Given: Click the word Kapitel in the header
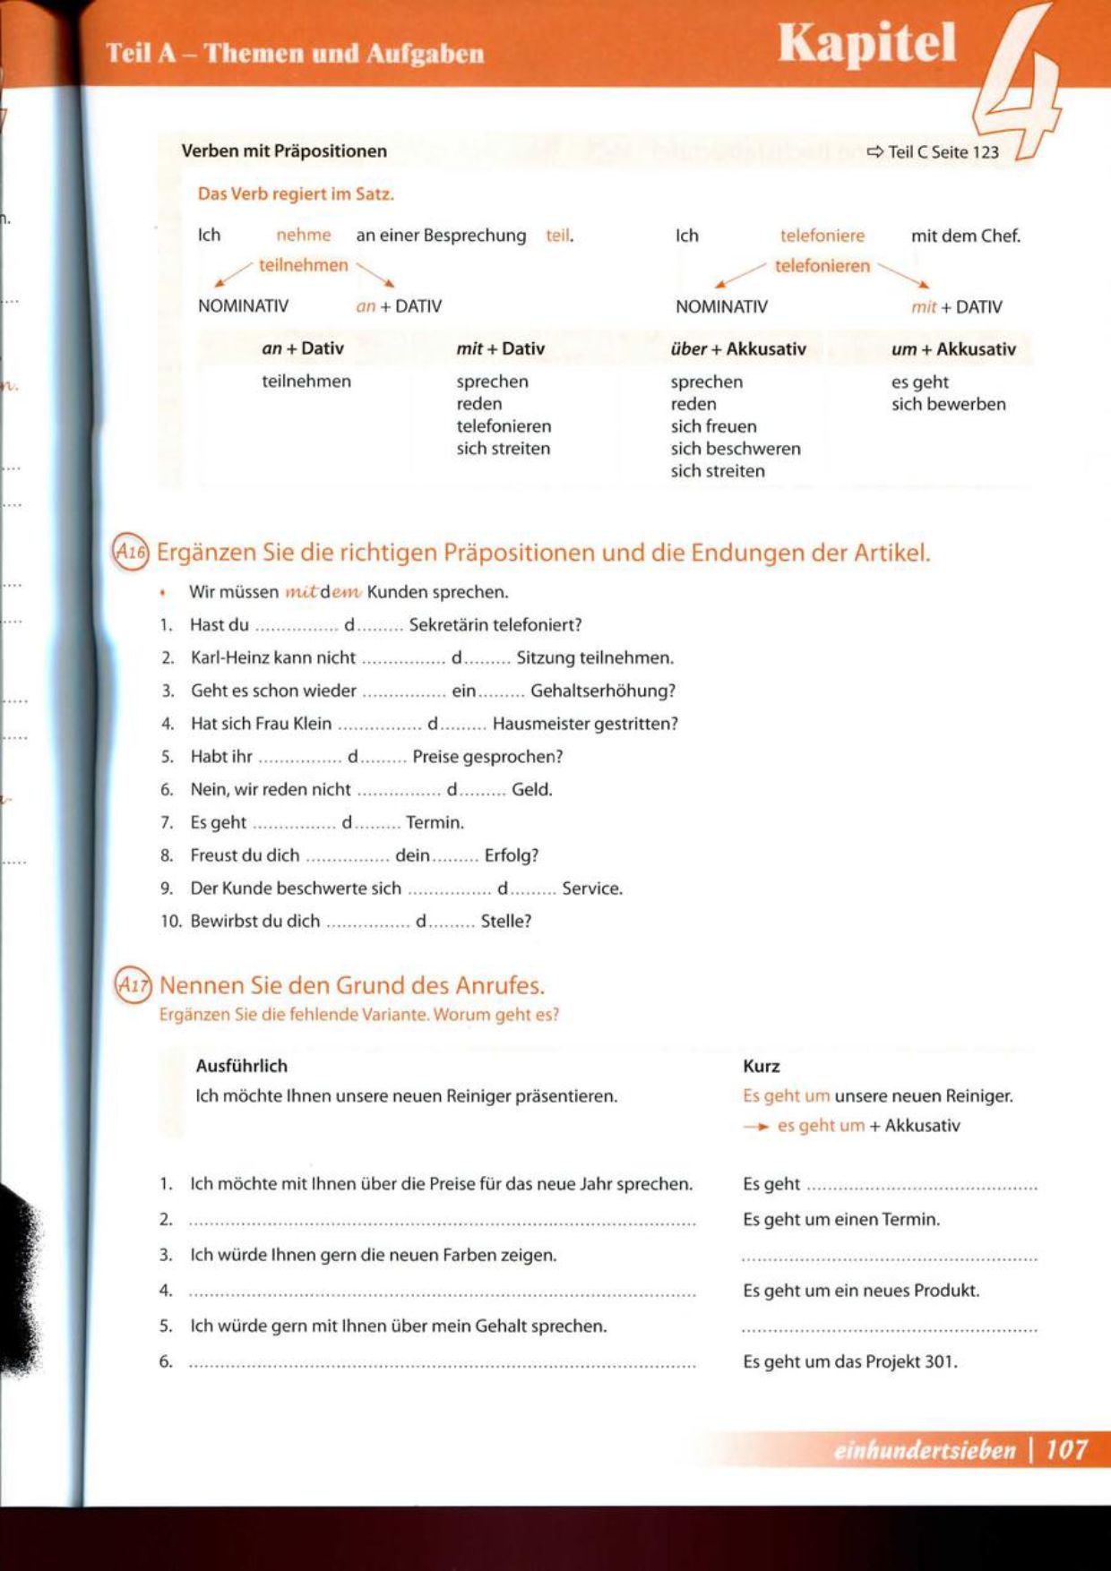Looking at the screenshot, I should coord(866,43).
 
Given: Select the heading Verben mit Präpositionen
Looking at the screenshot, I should coord(284,150).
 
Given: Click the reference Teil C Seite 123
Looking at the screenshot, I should coord(934,152).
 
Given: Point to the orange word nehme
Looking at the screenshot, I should coord(303,235).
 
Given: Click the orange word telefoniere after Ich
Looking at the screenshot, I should coord(822,236).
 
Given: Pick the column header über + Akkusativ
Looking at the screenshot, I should coord(737,348).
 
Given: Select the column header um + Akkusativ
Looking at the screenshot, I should coord(952,348).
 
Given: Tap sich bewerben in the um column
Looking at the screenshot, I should coord(948,404).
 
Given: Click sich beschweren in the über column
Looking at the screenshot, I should coord(735,449).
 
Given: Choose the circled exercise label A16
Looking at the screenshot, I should coord(130,553).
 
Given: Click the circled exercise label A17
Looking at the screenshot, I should coord(133,986).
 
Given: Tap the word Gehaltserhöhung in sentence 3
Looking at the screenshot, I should coord(602,691).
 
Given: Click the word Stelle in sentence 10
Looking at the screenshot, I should coord(505,921).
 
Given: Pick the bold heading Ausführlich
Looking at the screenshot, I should coord(241,1066).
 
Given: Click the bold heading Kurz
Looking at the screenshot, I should coord(761,1066).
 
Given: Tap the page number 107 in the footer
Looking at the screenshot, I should coord(1066,1449).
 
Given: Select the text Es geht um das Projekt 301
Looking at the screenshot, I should coord(849,1361).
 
